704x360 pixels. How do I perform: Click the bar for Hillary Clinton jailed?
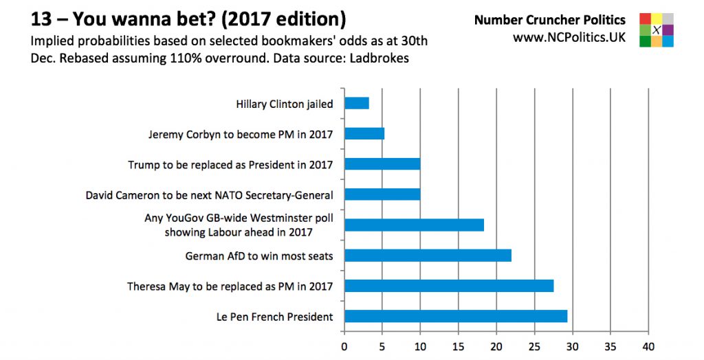(357, 104)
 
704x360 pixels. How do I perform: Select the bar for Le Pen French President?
(456, 316)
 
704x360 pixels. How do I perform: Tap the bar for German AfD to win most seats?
(428, 256)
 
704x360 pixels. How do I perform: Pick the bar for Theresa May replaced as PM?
(449, 286)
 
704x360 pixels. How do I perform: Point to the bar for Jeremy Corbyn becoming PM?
(364, 134)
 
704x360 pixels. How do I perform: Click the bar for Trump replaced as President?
(382, 164)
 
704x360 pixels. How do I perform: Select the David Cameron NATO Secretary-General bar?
(382, 194)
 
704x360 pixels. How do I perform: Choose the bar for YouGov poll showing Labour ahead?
(414, 225)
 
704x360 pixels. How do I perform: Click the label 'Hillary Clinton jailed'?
(284, 104)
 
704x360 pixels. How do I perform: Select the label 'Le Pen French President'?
(274, 317)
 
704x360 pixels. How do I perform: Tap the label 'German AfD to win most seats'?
(259, 256)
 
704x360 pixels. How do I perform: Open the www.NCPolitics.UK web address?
(569, 37)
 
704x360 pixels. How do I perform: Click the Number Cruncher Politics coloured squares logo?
(656, 30)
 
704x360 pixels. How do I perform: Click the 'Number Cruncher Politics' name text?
(550, 20)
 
